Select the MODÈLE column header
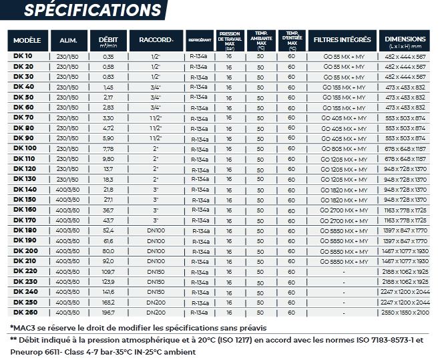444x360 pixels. pyautogui.click(x=27, y=40)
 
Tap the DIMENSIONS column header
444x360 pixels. pyautogui.click(x=405, y=40)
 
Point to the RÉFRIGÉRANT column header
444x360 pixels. pyautogui.click(x=200, y=41)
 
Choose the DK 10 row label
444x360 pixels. pyautogui.click(x=23, y=57)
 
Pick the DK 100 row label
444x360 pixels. pyautogui.click(x=25, y=148)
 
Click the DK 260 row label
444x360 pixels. pyautogui.click(x=25, y=312)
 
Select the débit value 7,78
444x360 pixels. pyautogui.click(x=108, y=148)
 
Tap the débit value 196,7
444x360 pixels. pyautogui.click(x=108, y=312)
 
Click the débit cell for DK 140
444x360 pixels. pyautogui.click(x=108, y=190)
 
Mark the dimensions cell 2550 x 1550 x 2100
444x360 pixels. pyautogui.click(x=405, y=312)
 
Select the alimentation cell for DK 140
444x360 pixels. pyautogui.click(x=67, y=190)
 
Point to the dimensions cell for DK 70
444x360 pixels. pyautogui.click(x=405, y=118)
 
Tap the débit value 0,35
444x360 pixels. pyautogui.click(x=108, y=57)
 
